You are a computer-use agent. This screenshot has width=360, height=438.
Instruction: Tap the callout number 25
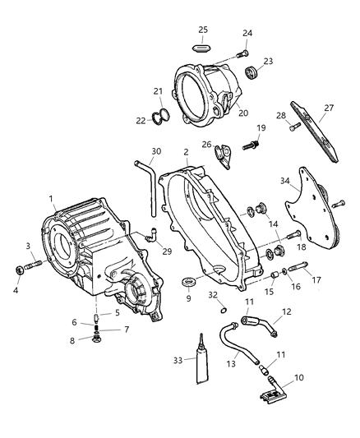(203, 30)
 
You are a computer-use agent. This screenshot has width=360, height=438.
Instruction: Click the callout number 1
(51, 198)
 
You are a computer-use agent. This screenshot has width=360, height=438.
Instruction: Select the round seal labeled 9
(188, 284)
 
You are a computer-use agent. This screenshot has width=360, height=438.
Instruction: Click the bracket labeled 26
(224, 153)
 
